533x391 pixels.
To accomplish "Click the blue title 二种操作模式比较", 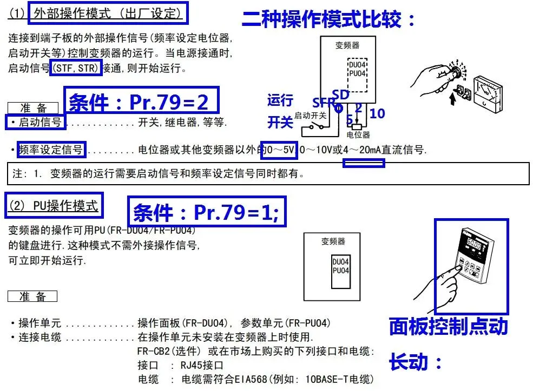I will tap(329, 19).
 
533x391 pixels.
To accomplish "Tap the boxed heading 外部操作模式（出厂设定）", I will tap(108, 13).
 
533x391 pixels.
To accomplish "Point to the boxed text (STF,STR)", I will tap(75, 69).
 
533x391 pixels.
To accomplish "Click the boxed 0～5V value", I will tap(279, 150).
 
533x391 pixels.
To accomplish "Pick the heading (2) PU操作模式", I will tap(54, 205).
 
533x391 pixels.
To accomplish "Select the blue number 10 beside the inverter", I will tap(377, 113).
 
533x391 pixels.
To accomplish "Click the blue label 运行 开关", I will tap(280, 111).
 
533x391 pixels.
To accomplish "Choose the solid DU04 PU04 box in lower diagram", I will tap(340, 266).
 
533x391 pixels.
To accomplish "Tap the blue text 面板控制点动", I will tap(448, 327).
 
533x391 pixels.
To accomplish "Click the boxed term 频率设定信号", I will tap(51, 150).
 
